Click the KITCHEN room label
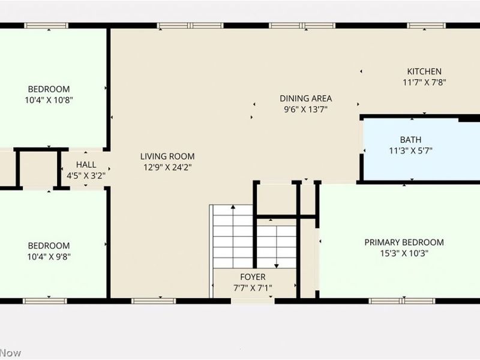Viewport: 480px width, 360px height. pyautogui.click(x=424, y=71)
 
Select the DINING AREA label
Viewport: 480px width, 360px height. pyautogui.click(x=305, y=98)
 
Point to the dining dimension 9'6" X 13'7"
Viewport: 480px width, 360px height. pyautogui.click(x=305, y=109)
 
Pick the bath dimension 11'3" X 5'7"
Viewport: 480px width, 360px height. pyautogui.click(x=411, y=151)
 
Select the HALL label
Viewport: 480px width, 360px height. pyautogui.click(x=86, y=165)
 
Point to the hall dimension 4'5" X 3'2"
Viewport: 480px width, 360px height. pyautogui.click(x=86, y=176)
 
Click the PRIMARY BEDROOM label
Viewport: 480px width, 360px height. pyautogui.click(x=404, y=242)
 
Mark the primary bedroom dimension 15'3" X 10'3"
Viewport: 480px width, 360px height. pyautogui.click(x=404, y=253)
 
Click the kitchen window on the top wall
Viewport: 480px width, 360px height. pyautogui.click(x=427, y=26)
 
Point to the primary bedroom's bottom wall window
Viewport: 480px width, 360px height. pyautogui.click(x=393, y=301)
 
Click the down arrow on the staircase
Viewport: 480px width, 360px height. pyautogui.click(x=276, y=264)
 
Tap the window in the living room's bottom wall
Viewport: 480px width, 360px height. pyautogui.click(x=145, y=301)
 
